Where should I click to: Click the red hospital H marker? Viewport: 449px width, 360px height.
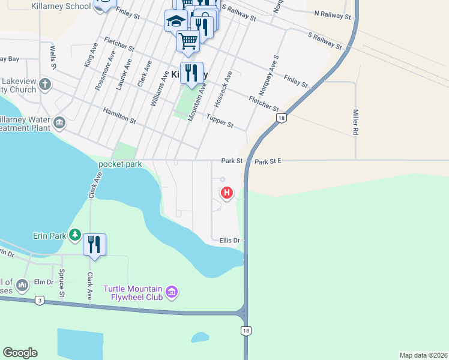point(227,193)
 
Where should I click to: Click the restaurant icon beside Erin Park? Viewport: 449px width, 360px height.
point(94,244)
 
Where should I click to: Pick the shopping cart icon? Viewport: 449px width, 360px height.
point(188,41)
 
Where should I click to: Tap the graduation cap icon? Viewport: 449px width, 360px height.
point(175,21)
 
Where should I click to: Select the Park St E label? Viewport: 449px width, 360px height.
point(268,161)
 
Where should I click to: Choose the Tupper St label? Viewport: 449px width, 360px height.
point(219,121)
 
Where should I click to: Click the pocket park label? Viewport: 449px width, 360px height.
point(120,164)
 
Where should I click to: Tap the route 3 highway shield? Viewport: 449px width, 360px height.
point(40,300)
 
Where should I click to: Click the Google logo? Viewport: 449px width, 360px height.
point(20,353)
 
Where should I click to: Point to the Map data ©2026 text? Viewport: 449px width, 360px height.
point(423,355)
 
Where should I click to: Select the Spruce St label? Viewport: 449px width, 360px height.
point(61,284)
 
